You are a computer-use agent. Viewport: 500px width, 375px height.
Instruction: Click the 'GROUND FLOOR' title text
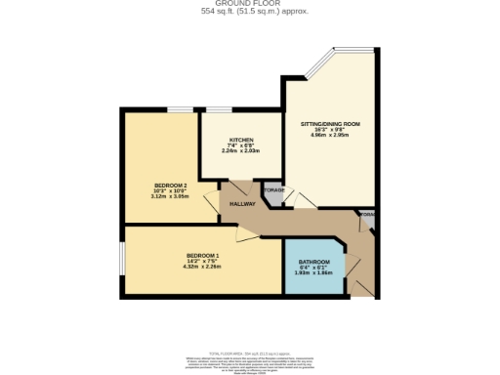click(x=249, y=4)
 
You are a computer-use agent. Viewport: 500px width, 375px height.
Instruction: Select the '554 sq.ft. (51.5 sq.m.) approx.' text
click(x=249, y=12)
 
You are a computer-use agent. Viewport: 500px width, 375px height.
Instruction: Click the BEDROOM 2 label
click(x=156, y=185)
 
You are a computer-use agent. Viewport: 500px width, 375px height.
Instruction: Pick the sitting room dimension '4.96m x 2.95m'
click(x=330, y=136)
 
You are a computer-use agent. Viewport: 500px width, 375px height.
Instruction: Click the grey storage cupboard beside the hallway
click(x=273, y=196)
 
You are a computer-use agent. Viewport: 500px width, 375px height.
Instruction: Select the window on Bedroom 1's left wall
click(x=122, y=262)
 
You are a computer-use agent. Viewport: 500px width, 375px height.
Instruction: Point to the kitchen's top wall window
click(x=219, y=110)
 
